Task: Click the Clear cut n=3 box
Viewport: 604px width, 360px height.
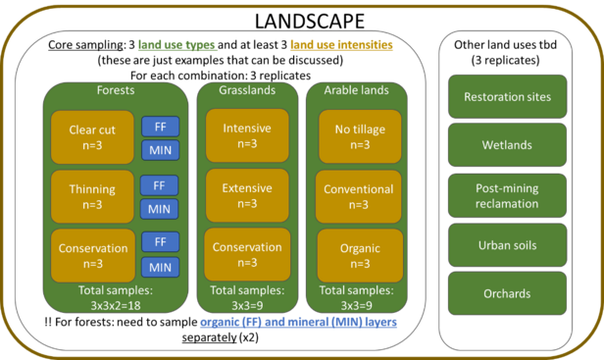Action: [93, 137]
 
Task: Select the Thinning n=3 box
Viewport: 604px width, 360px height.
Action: [93, 196]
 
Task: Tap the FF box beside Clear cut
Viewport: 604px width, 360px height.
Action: [159, 127]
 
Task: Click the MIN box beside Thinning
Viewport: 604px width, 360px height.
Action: [159, 208]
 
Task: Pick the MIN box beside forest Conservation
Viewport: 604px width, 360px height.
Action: [159, 267]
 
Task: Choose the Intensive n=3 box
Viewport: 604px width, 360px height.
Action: [247, 135]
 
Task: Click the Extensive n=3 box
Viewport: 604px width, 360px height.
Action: [247, 195]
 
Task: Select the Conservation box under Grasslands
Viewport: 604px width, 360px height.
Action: [247, 255]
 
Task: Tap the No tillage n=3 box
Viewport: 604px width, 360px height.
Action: [358, 135]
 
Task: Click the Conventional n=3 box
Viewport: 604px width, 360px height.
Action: [358, 196]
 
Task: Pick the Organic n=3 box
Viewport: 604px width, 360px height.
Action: [358, 255]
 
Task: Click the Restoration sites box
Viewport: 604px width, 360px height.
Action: [507, 97]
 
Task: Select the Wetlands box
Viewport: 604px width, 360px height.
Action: [507, 144]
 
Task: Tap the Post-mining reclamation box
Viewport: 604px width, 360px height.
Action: [507, 195]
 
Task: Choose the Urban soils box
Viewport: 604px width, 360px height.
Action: [507, 245]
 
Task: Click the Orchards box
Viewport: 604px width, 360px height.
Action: [507, 293]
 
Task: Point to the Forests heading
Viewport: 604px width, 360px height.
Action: [116, 90]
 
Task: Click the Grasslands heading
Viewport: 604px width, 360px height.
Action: [247, 90]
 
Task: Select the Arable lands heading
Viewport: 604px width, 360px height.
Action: [357, 90]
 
